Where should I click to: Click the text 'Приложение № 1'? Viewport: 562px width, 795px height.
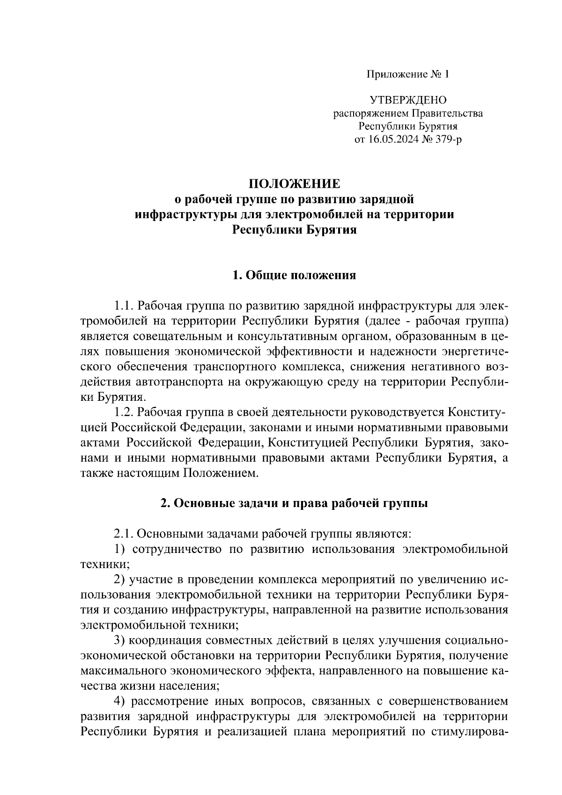[x=408, y=74]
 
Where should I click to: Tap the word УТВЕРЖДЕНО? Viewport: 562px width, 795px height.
[x=408, y=100]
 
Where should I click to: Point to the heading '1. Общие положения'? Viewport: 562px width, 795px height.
[x=294, y=275]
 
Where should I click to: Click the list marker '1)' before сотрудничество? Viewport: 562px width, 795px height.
[x=120, y=549]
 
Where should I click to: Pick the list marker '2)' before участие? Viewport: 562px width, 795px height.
[x=120, y=580]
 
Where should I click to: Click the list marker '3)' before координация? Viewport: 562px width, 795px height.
[x=120, y=640]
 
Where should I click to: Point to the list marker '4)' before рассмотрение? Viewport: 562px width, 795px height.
[x=120, y=701]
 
